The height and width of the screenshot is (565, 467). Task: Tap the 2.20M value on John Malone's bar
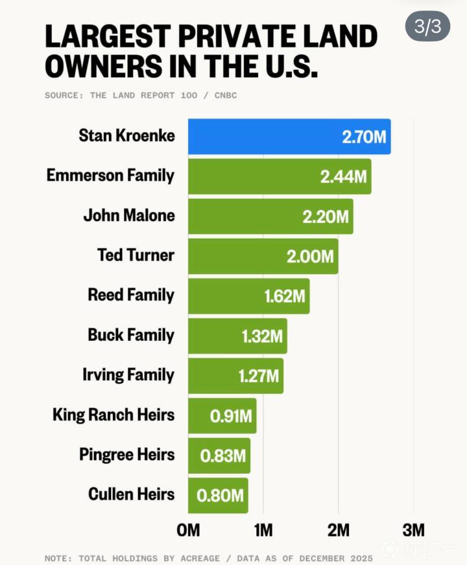point(326,216)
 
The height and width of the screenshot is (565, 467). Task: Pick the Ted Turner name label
point(136,255)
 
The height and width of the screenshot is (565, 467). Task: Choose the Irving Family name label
point(128,375)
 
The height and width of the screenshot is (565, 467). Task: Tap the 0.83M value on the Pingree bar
point(222,455)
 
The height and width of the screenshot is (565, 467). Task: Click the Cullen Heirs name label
point(132,494)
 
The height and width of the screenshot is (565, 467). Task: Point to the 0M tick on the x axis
point(188,531)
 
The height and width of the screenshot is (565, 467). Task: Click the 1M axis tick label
point(263,531)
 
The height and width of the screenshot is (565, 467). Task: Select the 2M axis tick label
point(338,531)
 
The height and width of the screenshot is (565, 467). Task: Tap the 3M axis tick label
point(413,531)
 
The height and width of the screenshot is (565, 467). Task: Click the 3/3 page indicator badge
point(427,27)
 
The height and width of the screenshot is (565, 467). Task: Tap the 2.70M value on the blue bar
point(363,137)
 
